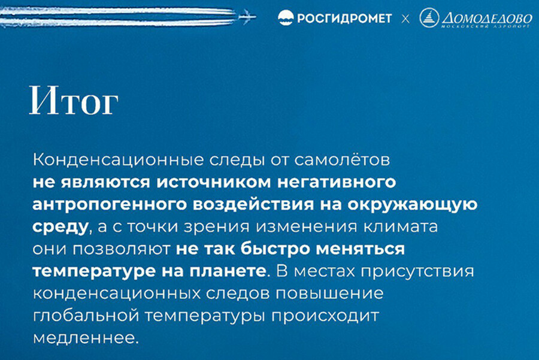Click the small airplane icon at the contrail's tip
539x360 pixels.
(247, 17)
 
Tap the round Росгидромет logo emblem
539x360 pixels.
(285, 18)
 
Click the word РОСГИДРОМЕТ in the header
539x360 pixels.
(344, 18)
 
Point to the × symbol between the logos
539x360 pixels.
(405, 19)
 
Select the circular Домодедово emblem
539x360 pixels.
(429, 17)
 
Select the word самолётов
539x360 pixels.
(342, 160)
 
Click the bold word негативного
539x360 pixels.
(337, 183)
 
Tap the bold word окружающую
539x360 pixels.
(413, 205)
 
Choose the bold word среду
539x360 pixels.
(60, 227)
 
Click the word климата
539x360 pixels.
(401, 226)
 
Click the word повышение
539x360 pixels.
(329, 294)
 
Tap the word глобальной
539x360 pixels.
(86, 316)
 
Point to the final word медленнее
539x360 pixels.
(86, 338)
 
